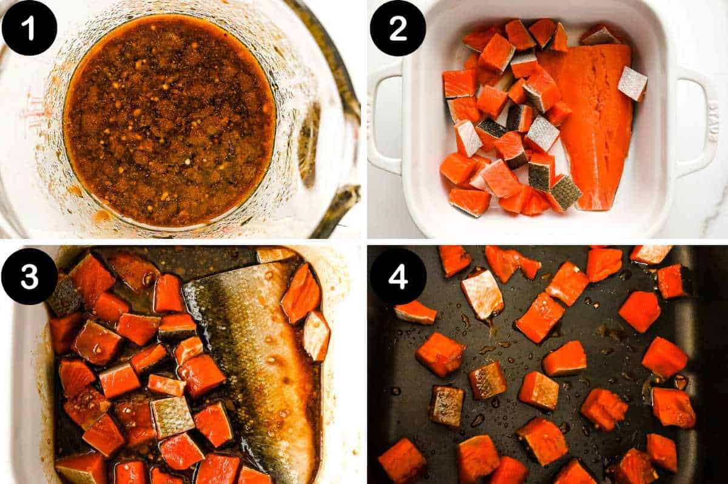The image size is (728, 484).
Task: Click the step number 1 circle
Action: tap(29, 28)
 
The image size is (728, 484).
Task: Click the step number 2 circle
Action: tap(397, 28)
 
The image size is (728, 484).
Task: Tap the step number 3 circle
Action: tap(29, 276)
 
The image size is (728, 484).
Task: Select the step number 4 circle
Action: tap(397, 276)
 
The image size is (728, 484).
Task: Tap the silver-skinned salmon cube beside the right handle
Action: tap(632, 84)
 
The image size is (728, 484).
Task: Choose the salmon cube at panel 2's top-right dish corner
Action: tap(599, 35)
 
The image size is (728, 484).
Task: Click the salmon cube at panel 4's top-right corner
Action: tap(650, 254)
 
